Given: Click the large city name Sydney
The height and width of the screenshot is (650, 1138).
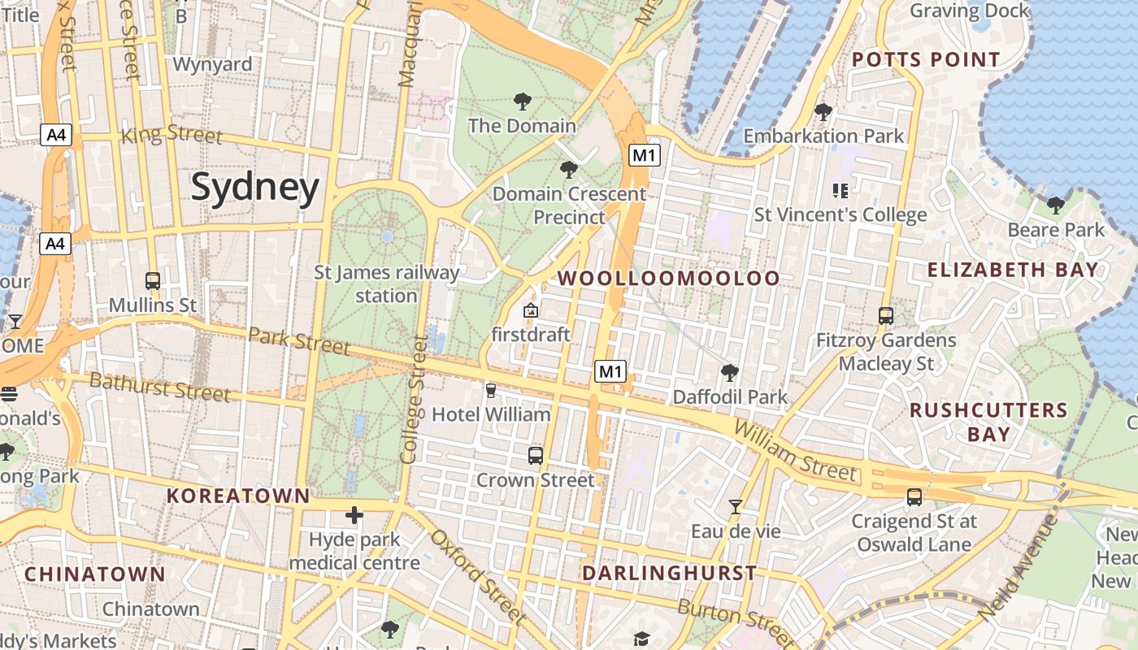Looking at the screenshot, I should pyautogui.click(x=255, y=188).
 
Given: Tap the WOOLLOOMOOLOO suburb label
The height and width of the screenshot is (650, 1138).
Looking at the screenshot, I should pyautogui.click(x=668, y=279).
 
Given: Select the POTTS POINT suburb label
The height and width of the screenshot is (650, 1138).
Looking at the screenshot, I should pyautogui.click(x=926, y=60).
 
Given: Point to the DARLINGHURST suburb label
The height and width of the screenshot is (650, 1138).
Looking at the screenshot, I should pyautogui.click(x=669, y=574).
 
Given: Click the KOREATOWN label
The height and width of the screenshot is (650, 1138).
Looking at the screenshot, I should pyautogui.click(x=238, y=496).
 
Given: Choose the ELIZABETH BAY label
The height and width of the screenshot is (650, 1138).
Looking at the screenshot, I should pyautogui.click(x=1013, y=270).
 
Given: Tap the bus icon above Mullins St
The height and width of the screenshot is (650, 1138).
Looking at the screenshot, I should pyautogui.click(x=153, y=281).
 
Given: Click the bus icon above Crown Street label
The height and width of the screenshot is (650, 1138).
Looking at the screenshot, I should pyautogui.click(x=535, y=456).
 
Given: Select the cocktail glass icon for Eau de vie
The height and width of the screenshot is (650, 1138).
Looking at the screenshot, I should pyautogui.click(x=736, y=507).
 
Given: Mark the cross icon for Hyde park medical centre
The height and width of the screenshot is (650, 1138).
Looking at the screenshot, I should pyautogui.click(x=354, y=515).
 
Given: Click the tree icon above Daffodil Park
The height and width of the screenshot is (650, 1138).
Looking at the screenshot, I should pyautogui.click(x=730, y=373).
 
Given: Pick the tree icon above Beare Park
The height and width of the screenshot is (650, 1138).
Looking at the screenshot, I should pyautogui.click(x=1056, y=206).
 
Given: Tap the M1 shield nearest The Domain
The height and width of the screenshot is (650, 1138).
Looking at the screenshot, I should pyautogui.click(x=644, y=154).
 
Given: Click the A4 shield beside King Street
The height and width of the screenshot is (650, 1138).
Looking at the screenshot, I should pyautogui.click(x=56, y=135).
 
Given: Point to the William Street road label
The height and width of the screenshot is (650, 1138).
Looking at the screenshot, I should pyautogui.click(x=794, y=450).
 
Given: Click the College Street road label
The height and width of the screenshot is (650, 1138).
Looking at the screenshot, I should pyautogui.click(x=414, y=400).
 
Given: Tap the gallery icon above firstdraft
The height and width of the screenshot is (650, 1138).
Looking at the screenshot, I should pyautogui.click(x=531, y=310).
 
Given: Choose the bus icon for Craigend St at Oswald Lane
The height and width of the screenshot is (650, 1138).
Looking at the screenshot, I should pyautogui.click(x=914, y=496).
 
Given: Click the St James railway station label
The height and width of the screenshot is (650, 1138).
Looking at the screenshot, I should pyautogui.click(x=387, y=284).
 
